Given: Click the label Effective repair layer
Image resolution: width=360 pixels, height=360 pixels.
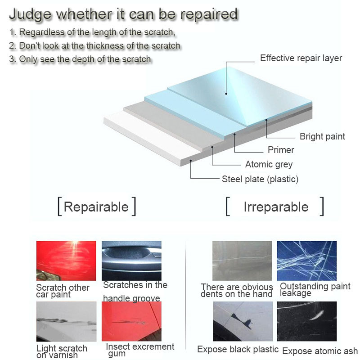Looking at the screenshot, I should (x=301, y=58).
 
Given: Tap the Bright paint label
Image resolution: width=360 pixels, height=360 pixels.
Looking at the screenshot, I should (x=322, y=136).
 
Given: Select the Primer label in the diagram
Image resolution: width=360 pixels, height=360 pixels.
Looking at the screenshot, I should (x=281, y=150).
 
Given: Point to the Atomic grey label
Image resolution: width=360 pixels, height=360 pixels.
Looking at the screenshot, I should (x=269, y=164).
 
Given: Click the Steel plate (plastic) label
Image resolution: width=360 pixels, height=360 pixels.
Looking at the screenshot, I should (x=260, y=179).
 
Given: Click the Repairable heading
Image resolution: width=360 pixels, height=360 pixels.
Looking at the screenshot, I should (x=96, y=207).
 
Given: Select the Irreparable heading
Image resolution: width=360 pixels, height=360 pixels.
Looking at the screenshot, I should (x=276, y=207).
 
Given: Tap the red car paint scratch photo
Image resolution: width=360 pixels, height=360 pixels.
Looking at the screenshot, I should (x=66, y=261).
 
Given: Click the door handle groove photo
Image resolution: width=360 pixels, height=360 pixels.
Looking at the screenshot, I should (x=131, y=261).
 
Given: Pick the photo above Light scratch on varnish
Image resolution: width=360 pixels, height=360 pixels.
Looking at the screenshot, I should (x=66, y=321).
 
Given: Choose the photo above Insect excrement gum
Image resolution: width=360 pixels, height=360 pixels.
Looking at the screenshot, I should (x=131, y=321).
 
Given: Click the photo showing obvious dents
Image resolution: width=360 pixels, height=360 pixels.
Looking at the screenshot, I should (x=243, y=261).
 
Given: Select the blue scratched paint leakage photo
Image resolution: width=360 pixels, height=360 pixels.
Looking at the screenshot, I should (x=306, y=261).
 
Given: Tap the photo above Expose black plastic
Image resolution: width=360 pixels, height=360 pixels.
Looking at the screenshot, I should (x=243, y=321).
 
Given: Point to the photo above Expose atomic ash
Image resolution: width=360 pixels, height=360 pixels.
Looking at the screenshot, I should (x=306, y=321).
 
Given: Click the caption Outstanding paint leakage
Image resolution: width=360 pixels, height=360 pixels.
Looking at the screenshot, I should (x=315, y=290).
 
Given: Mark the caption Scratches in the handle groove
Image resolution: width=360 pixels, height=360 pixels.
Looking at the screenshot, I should (x=135, y=291).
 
